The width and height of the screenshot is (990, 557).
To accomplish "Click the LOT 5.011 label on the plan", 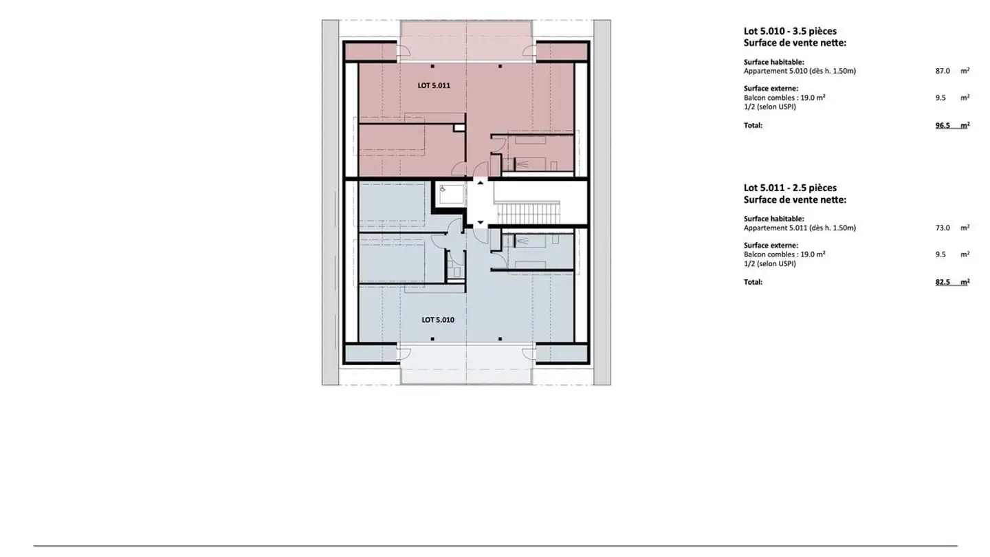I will (433, 86).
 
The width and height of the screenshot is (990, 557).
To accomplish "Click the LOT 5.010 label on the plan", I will (437, 320).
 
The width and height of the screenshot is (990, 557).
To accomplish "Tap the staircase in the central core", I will (529, 212).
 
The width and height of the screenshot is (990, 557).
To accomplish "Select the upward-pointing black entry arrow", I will (480, 182).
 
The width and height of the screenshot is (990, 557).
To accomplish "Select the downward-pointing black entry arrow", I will (480, 222).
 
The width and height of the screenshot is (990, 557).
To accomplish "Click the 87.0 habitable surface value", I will (943, 71).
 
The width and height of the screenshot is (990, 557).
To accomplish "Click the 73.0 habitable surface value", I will (943, 228).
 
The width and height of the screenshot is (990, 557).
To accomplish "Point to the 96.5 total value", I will (943, 126).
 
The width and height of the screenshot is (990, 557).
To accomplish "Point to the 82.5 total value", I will (943, 282).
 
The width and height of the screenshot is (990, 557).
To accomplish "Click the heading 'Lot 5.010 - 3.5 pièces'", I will (790, 31).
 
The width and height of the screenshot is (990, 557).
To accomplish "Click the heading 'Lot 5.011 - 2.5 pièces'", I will (790, 188).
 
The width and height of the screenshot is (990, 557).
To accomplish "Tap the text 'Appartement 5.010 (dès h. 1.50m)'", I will (800, 71).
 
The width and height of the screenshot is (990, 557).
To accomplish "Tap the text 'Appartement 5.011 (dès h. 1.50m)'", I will (800, 228).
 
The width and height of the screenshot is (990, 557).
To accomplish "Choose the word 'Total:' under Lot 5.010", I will (753, 126).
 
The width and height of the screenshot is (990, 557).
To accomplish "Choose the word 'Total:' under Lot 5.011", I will (753, 282).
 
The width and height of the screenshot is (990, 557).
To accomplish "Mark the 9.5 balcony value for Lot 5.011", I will (940, 254).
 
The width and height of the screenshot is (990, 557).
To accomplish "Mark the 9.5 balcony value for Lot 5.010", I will (940, 98).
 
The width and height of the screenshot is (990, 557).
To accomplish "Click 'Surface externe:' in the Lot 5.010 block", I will (771, 88).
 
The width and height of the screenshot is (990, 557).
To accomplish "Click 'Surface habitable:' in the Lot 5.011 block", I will (773, 219).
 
